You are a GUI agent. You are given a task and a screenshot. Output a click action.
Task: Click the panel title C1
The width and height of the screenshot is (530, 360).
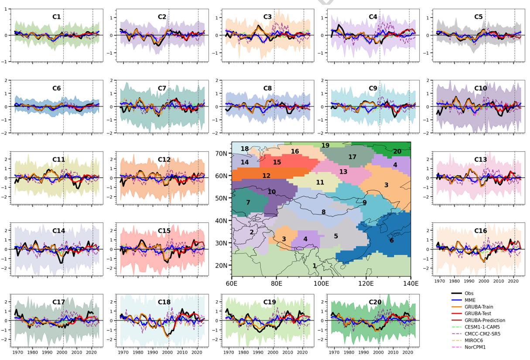pyautogui.click(x=57, y=17)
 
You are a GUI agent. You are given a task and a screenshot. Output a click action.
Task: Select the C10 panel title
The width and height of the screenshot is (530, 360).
pyautogui.click(x=480, y=88)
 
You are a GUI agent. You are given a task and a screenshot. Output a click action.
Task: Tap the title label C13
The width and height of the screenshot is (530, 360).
pyautogui.click(x=480, y=160)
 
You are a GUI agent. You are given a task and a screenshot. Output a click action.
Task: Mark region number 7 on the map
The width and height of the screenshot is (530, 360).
pyautogui.click(x=248, y=202)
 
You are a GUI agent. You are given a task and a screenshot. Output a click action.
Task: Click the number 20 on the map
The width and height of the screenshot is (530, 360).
pyautogui.click(x=397, y=151)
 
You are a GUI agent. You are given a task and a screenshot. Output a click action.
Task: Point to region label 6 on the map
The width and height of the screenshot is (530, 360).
pyautogui.click(x=391, y=240)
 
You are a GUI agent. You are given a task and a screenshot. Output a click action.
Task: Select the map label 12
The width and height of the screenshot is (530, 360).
pyautogui.click(x=266, y=175)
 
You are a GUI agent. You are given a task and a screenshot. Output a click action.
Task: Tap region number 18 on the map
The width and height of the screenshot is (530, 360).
pyautogui.click(x=245, y=149)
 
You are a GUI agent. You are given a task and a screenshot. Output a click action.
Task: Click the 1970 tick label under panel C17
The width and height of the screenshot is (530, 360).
pyautogui.click(x=18, y=351)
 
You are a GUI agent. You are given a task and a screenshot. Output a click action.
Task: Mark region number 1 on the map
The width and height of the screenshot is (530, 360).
pyautogui.click(x=314, y=265)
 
